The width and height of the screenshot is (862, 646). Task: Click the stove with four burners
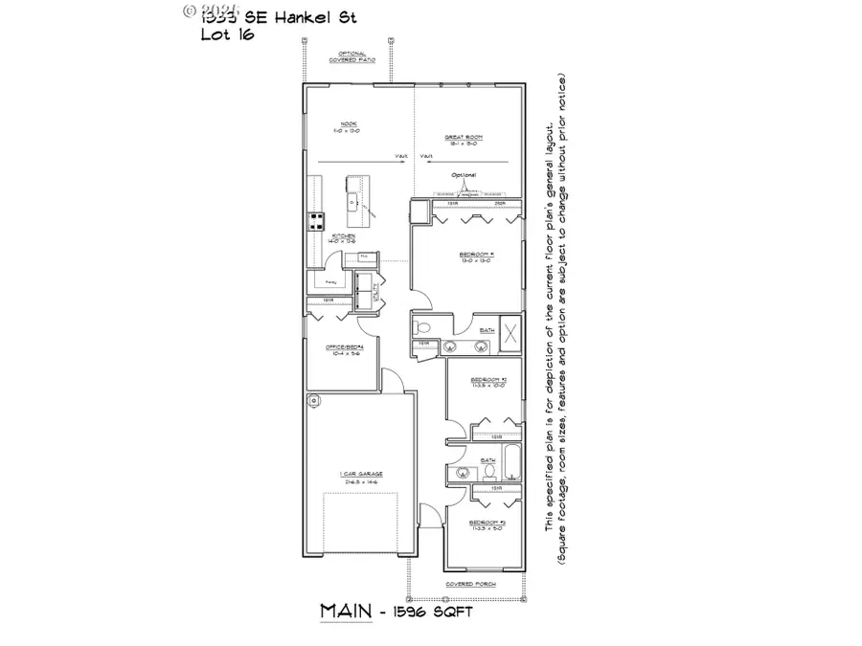point(314,222)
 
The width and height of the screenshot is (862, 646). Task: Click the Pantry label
point(330,283)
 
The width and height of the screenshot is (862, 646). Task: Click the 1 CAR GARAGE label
point(359,476)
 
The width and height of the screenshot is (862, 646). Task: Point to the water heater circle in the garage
point(312,399)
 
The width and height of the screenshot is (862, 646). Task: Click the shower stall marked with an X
point(510,334)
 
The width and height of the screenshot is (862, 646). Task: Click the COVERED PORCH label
point(468,583)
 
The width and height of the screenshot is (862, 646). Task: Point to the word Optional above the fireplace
point(463,175)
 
